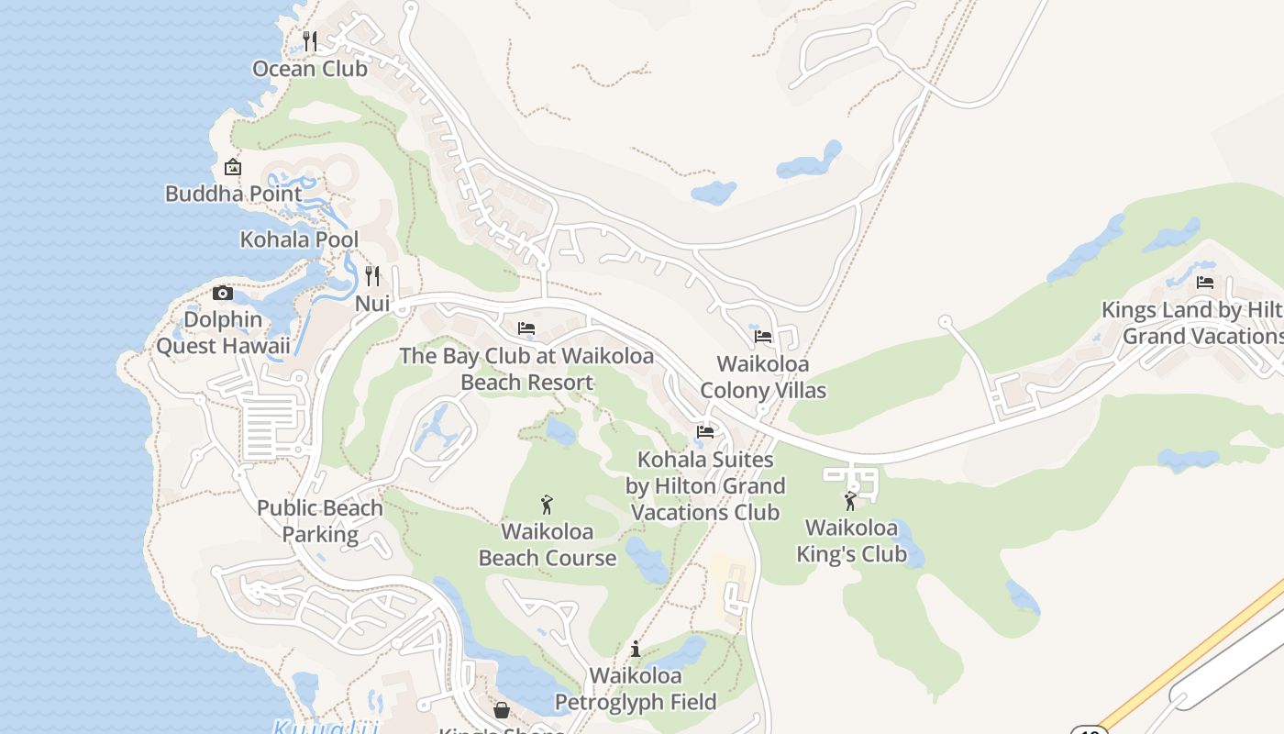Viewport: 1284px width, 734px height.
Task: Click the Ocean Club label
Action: pos(309,69)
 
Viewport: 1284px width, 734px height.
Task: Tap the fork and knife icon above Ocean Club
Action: pos(310,40)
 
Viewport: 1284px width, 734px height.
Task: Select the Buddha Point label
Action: pos(233,194)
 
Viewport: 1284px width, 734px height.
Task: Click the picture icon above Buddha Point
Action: pos(233,167)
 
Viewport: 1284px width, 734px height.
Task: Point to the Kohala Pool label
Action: pos(299,239)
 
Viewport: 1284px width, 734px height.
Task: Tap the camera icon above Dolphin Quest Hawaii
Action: pos(222,294)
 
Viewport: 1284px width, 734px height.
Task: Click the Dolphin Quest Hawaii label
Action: pos(223,333)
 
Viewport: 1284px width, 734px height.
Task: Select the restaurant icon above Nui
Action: pos(372,275)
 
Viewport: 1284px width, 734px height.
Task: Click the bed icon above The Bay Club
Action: pos(526,328)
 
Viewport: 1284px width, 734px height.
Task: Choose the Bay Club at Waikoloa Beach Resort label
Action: pos(526,369)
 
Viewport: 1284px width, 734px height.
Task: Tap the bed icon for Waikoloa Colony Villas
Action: pos(763,337)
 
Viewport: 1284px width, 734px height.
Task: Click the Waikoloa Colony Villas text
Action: pos(763,377)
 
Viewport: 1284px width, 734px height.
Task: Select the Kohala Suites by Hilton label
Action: pos(705,485)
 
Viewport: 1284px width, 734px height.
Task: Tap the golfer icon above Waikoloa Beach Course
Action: pos(548,505)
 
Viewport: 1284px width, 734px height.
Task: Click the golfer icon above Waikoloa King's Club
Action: pos(850,501)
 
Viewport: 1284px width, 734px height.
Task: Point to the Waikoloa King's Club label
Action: pos(851,541)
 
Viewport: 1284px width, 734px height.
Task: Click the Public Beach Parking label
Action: pos(320,521)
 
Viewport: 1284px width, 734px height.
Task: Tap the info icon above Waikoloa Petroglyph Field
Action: pos(636,650)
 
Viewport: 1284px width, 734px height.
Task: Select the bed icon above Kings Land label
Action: pos(1205,283)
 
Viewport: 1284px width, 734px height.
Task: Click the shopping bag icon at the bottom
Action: pos(502,710)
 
